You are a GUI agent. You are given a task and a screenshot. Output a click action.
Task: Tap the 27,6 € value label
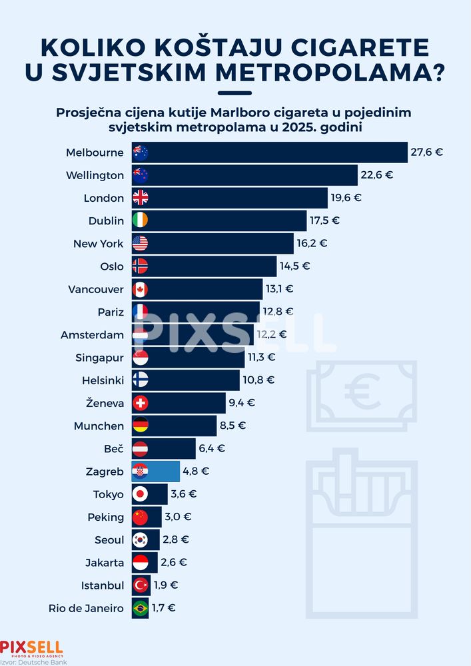(x=426, y=153)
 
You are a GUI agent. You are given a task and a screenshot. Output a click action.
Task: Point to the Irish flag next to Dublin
(x=140, y=220)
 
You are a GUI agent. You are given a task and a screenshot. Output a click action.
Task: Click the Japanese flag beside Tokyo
(x=140, y=494)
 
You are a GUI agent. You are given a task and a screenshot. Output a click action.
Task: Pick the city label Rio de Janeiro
(x=86, y=608)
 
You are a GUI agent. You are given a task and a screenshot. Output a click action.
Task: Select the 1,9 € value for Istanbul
(x=167, y=585)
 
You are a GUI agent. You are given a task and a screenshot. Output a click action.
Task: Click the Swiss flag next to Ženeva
(x=140, y=403)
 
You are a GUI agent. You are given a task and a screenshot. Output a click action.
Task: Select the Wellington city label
(x=95, y=175)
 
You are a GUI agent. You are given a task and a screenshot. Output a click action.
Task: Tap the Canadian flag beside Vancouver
(x=140, y=289)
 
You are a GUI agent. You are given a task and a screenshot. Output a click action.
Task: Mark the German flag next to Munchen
(x=140, y=426)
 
